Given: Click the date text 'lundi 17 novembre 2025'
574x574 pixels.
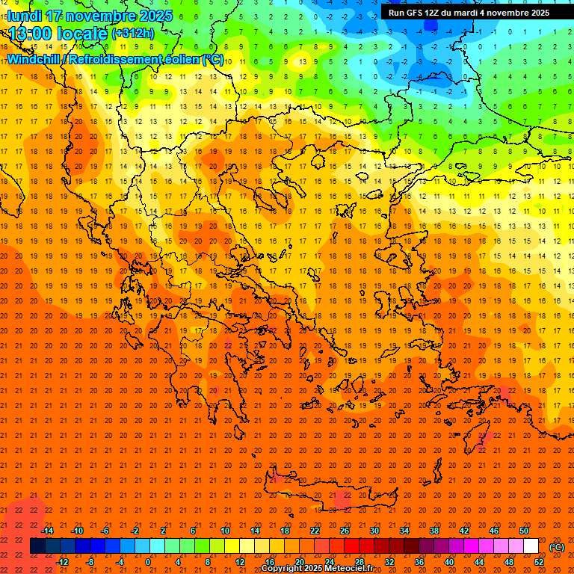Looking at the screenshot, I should pyautogui.click(x=90, y=16).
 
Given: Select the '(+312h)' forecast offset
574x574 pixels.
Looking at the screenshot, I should pyautogui.click(x=132, y=34).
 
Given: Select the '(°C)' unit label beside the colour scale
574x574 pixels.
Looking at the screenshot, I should pyautogui.click(x=557, y=547).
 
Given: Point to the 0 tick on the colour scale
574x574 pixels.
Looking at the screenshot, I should pyautogui.click(x=148, y=562).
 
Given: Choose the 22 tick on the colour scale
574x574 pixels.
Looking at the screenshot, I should pyautogui.click(x=315, y=531).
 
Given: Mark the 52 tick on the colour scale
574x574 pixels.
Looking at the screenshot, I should pyautogui.click(x=539, y=562).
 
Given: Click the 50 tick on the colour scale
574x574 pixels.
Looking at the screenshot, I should pyautogui.click(x=524, y=531).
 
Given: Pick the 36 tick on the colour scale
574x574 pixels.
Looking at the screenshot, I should pyautogui.click(x=419, y=562).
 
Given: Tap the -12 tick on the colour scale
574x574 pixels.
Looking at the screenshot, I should pyautogui.click(x=62, y=562).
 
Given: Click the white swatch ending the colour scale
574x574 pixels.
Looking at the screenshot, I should pyautogui.click(x=531, y=546).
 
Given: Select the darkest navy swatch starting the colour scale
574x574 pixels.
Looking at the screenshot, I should pyautogui.click(x=37, y=546).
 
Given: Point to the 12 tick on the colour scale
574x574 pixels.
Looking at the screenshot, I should pyautogui.click(x=240, y=562).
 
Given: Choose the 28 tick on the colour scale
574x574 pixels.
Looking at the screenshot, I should pyautogui.click(x=359, y=562).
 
